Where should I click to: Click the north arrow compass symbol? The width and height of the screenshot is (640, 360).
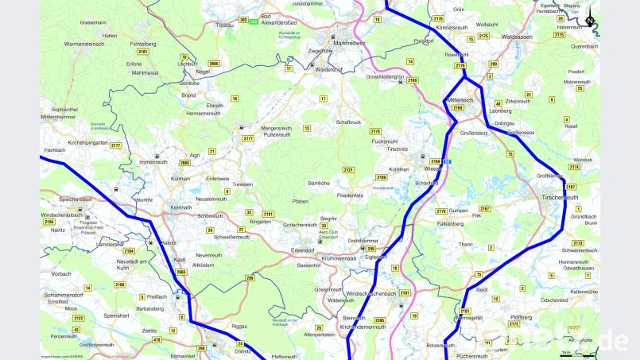[x=590, y=21]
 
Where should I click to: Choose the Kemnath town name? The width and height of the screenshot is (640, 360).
[x=181, y=207]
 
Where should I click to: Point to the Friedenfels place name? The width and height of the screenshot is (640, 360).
[x=350, y=194]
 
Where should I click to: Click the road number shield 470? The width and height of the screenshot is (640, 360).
[x=157, y=339]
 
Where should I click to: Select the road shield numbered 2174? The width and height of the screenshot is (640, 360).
[x=574, y=167]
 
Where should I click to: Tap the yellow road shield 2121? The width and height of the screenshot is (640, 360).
[x=347, y=170]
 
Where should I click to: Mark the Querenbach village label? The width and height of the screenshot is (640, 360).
[x=584, y=47]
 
